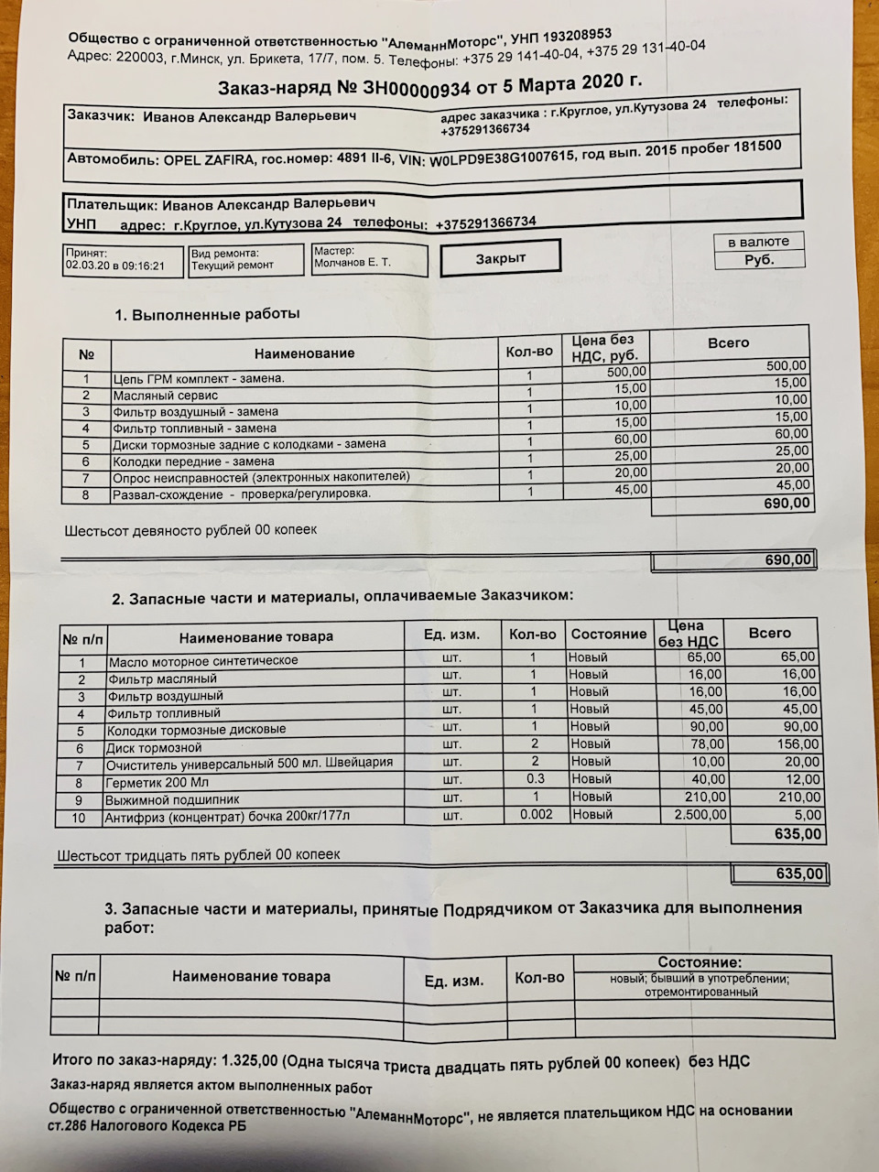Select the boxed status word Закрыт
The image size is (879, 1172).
(x=500, y=259)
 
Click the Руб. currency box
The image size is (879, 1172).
(x=759, y=259)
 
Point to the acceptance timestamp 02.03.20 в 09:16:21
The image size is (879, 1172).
(x=114, y=266)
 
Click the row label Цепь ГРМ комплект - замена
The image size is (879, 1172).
(x=199, y=378)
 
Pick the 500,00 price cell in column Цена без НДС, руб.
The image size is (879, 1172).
(x=626, y=372)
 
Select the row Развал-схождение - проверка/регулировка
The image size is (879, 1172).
(x=242, y=494)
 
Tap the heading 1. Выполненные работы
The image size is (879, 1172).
(x=207, y=314)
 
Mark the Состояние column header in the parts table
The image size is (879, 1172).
(x=608, y=634)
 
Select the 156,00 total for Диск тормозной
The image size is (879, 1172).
(x=797, y=744)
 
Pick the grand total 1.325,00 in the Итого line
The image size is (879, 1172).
(x=248, y=1060)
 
